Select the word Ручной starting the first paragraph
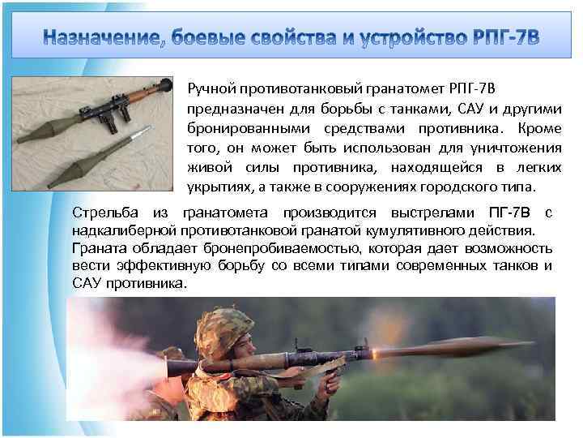[213, 88]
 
